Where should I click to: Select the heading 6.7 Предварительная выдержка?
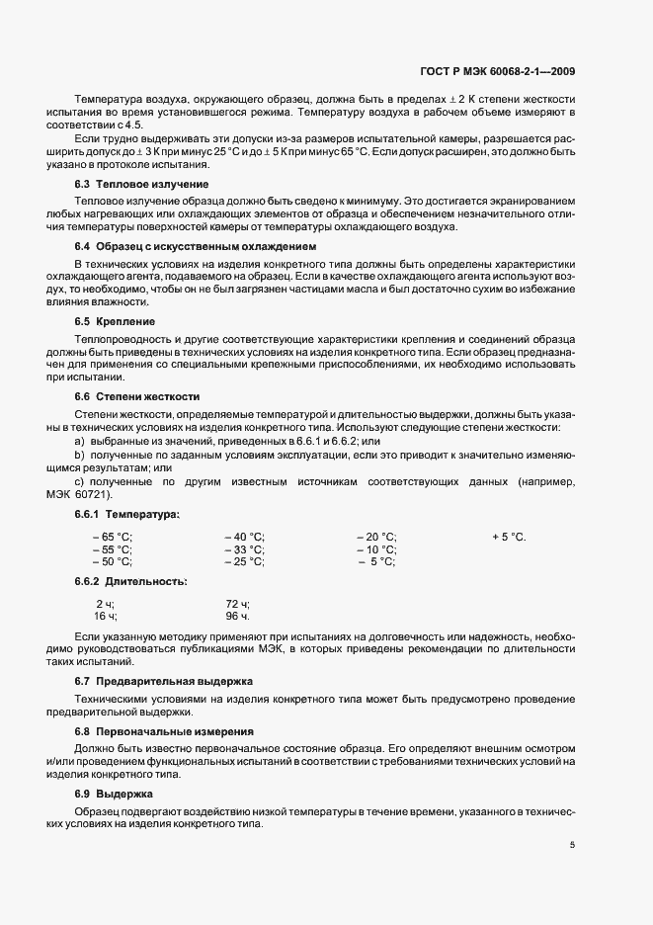point(163,683)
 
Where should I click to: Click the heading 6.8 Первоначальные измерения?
point(165,731)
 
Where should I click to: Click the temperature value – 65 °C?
point(112,537)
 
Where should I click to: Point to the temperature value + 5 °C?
point(509,537)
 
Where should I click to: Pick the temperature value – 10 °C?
point(376,549)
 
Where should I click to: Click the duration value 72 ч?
point(237,603)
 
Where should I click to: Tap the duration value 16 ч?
point(105,616)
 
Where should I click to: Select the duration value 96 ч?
point(237,616)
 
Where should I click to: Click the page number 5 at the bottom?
point(573,845)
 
